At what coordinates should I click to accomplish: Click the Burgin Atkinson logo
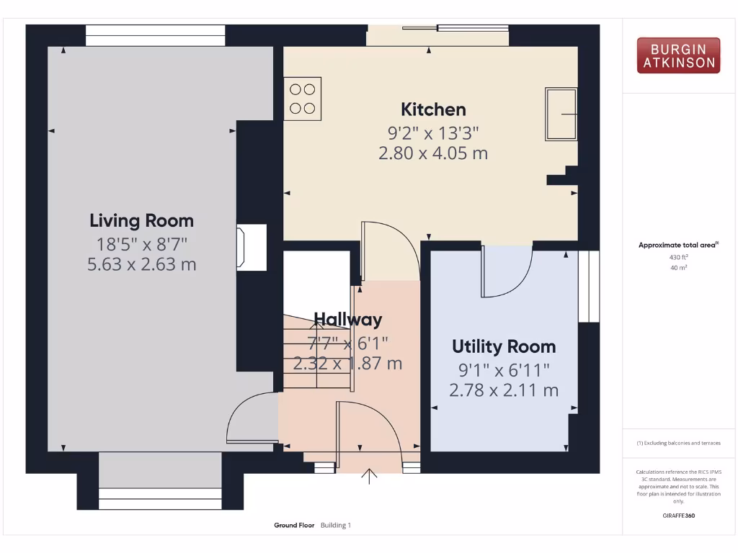tap(678, 55)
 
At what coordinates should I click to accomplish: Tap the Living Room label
tap(141, 220)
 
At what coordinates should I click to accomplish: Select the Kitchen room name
tap(433, 109)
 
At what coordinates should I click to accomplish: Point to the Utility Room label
tap(504, 346)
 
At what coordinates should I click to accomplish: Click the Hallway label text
tap(347, 319)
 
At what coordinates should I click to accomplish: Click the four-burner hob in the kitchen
tap(302, 99)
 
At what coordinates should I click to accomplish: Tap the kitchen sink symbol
tap(561, 114)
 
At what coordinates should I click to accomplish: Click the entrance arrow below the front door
tap(370, 476)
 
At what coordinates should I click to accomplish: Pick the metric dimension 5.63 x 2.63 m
tap(141, 264)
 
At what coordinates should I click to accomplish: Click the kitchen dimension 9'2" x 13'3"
tap(433, 132)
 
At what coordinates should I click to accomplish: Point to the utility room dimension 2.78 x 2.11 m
tap(504, 391)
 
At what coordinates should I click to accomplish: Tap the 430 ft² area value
tap(678, 256)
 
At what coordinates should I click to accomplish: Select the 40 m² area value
tap(678, 267)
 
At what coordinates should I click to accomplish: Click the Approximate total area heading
tap(678, 245)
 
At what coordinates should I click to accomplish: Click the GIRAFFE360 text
tap(678, 516)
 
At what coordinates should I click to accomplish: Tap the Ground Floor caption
tap(294, 526)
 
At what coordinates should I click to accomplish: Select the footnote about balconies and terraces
tap(678, 443)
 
